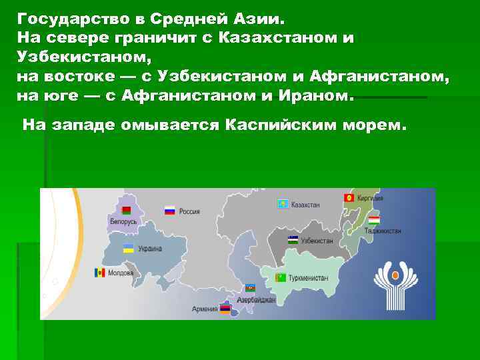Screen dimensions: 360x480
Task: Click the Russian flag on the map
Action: pos(169,210)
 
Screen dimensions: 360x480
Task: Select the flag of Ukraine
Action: pos(128,248)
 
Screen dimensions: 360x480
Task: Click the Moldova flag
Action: pos(100,273)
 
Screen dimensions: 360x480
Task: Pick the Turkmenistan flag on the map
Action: pos(282,277)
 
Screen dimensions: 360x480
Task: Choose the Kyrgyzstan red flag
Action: pos(348,198)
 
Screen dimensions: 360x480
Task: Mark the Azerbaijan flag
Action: pos(251,287)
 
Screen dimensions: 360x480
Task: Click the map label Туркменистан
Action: pos(309,277)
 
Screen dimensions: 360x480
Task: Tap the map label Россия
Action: pos(189,211)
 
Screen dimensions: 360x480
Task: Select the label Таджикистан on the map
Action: pos(383,231)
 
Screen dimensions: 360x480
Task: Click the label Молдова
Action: pos(120,273)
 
